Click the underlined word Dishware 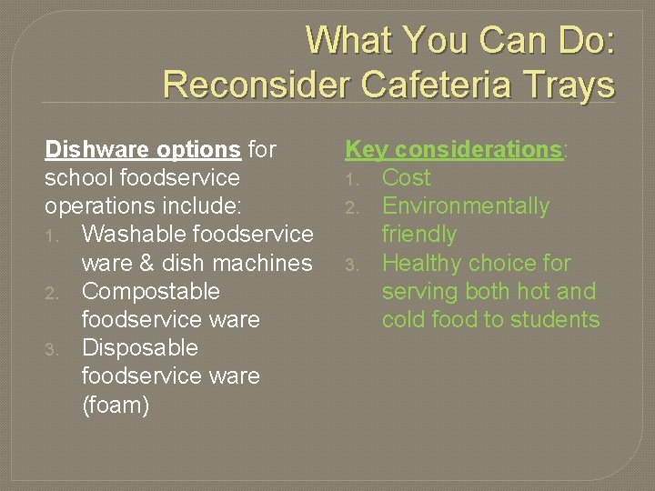[x=96, y=149]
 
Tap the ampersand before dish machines [x=146, y=263]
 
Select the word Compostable [x=151, y=291]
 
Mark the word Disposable [x=139, y=348]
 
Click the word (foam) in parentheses [x=116, y=405]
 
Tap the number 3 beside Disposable [x=55, y=349]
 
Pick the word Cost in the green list [x=406, y=177]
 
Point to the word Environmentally [x=466, y=206]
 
